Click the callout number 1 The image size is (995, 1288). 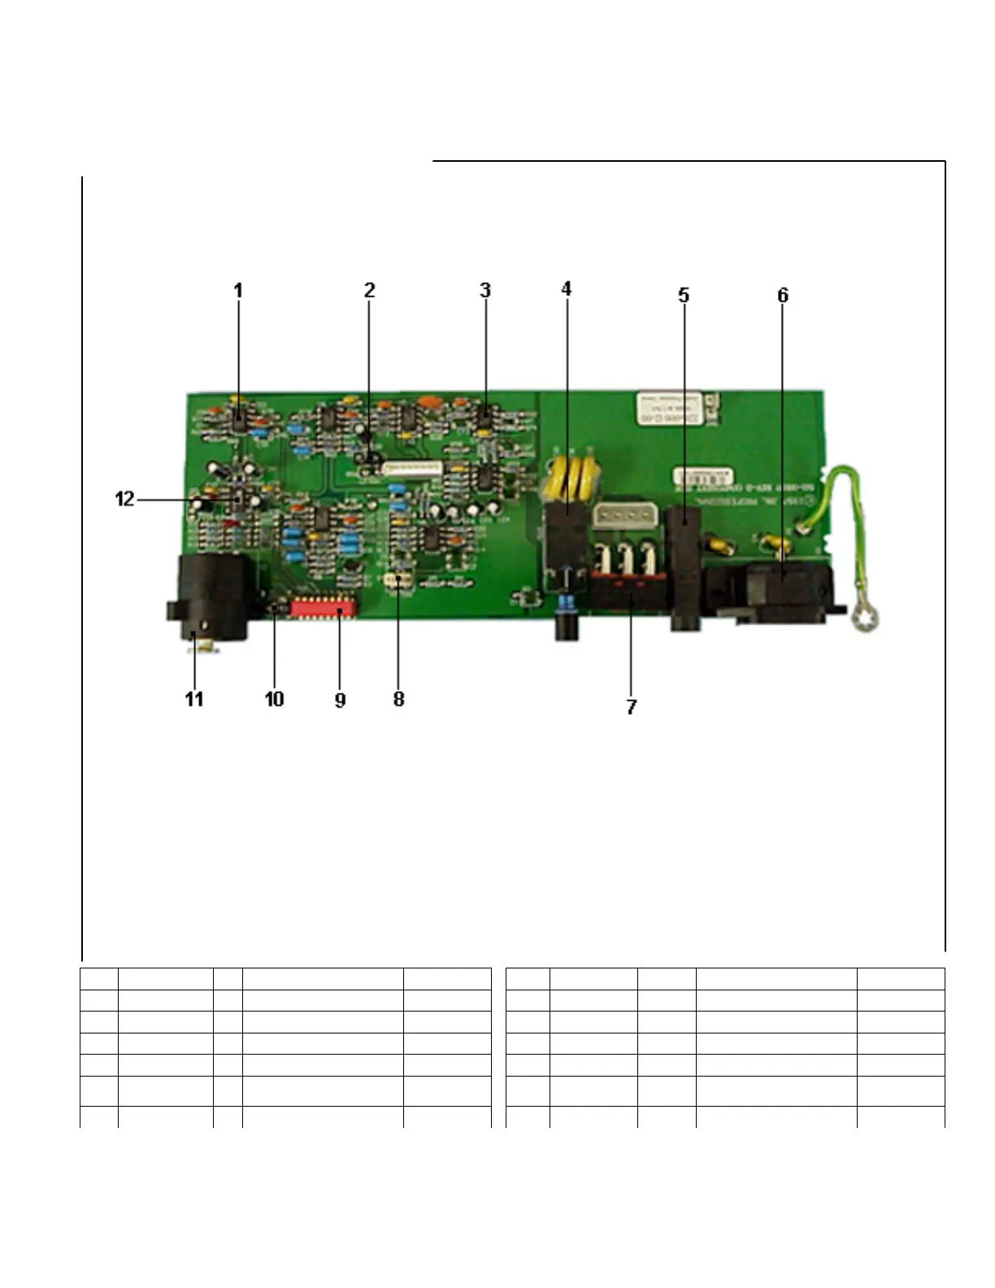(238, 290)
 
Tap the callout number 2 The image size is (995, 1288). (369, 290)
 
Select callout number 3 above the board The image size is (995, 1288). (485, 290)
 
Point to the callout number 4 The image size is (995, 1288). (567, 289)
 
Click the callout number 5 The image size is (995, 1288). (684, 295)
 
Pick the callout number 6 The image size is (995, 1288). (783, 295)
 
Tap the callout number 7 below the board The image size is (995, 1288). (632, 707)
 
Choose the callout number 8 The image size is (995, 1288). (398, 699)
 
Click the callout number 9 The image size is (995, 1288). (340, 699)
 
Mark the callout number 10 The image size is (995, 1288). (274, 699)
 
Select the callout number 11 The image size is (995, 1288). (194, 699)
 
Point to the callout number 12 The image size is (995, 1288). (124, 499)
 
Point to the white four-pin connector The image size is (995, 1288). (619, 516)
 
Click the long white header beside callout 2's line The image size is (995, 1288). (413, 468)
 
